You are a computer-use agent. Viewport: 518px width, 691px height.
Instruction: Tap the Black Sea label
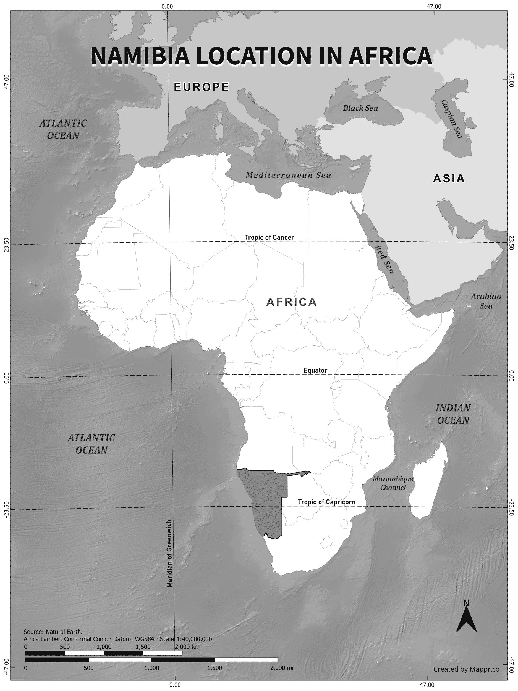(360, 108)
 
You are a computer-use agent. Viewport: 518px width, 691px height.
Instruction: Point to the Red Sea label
(384, 259)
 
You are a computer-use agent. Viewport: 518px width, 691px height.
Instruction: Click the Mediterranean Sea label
(288, 175)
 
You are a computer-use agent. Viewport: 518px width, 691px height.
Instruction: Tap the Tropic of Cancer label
(269, 237)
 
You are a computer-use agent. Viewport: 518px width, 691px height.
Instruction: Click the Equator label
(315, 370)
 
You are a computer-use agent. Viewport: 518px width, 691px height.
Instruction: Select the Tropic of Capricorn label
(326, 502)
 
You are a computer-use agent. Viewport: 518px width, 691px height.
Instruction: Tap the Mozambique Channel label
(393, 483)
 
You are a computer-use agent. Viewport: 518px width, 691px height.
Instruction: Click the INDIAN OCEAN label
(453, 414)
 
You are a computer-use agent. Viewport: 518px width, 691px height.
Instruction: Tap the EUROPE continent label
(202, 87)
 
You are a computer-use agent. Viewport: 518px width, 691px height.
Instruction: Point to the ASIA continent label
(449, 179)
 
